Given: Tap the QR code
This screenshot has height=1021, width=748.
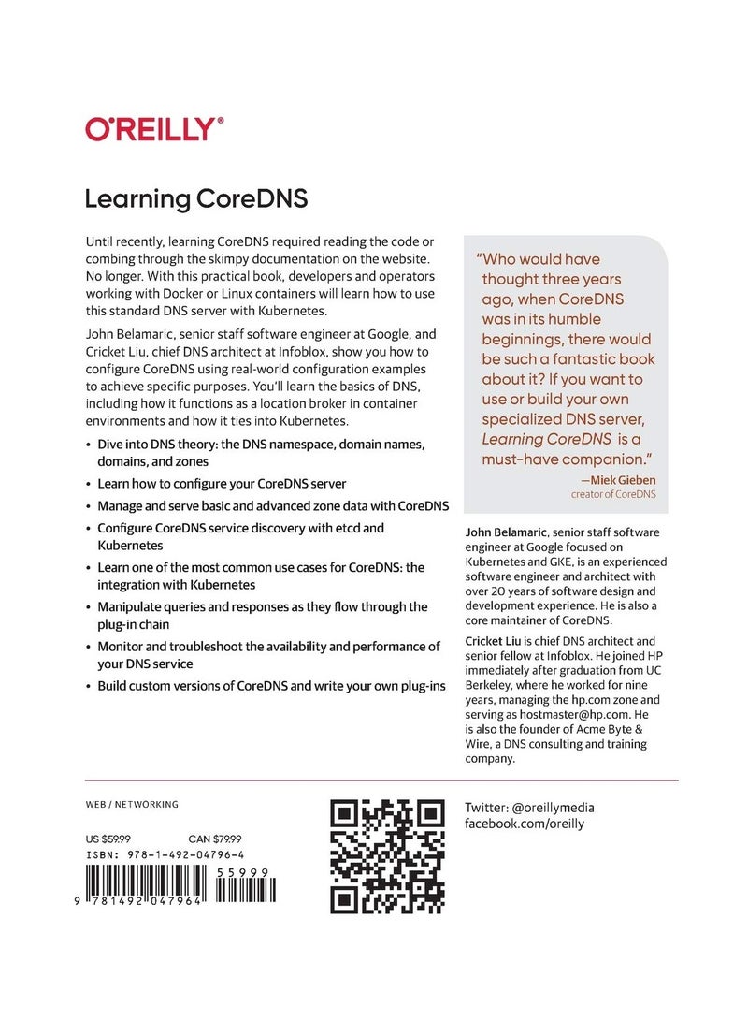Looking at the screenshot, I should click(x=387, y=856).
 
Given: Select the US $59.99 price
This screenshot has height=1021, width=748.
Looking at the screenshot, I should click(x=108, y=839).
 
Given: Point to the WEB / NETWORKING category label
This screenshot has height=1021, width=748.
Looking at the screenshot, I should click(x=132, y=804).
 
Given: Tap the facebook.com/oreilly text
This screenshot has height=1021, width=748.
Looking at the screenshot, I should click(x=525, y=824).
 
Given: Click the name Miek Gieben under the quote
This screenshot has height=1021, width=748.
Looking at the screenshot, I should click(x=618, y=480).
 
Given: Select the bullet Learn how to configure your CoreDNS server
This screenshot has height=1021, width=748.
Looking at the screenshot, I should click(x=222, y=484).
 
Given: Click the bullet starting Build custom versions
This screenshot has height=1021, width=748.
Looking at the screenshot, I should click(x=271, y=686).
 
